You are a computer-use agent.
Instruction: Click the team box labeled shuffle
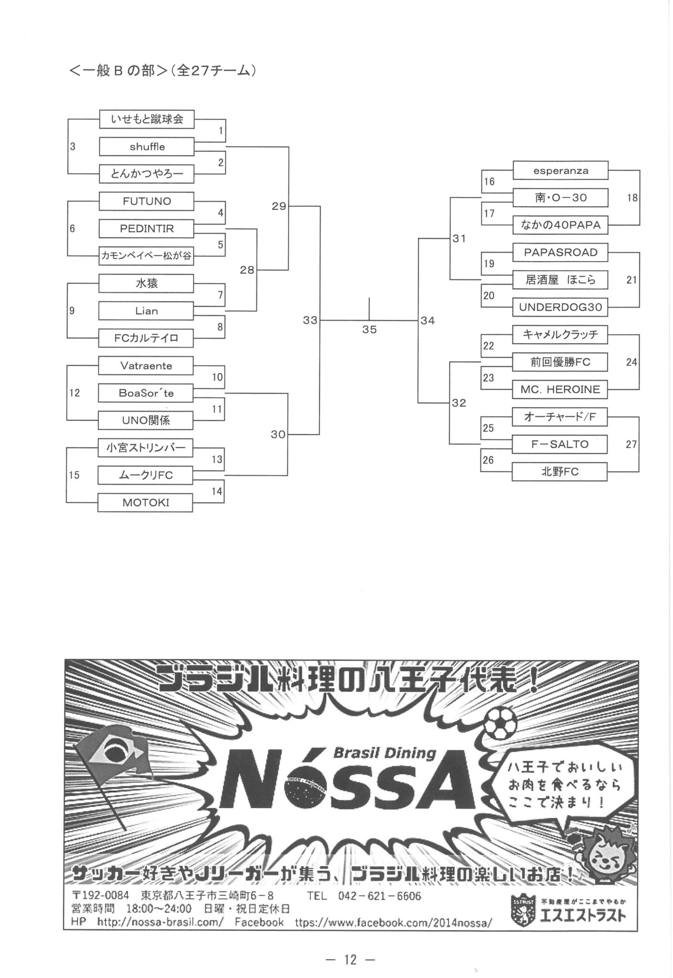[x=147, y=147]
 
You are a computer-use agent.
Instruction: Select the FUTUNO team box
[x=147, y=201]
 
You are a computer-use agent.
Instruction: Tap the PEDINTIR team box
[x=147, y=229]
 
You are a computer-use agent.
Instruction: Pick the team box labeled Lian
[x=146, y=311]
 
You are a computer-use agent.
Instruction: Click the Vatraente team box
[x=146, y=366]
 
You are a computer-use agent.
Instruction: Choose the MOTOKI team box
[x=146, y=502]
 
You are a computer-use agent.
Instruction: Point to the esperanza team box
[x=560, y=170]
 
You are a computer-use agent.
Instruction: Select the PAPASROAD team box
[x=560, y=252]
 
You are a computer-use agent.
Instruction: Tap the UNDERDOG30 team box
[x=560, y=307]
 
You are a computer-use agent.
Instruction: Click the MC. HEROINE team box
[x=560, y=389]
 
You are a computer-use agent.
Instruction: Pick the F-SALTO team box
[x=560, y=444]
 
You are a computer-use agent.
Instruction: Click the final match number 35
[x=369, y=329]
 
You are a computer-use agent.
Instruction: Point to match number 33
[x=310, y=320]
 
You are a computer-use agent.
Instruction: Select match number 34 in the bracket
[x=427, y=321]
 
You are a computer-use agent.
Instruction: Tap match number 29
[x=279, y=206]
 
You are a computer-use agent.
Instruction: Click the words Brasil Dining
[x=385, y=753]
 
